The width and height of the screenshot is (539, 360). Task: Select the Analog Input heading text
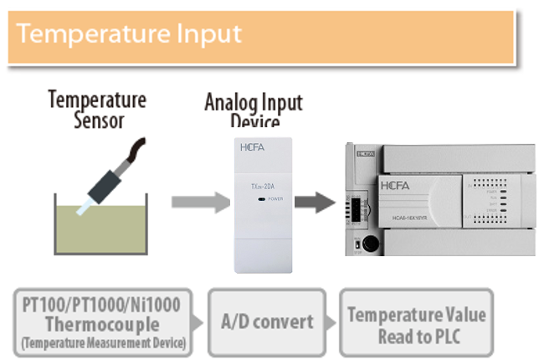(254, 104)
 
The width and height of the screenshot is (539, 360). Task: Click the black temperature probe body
(108, 184)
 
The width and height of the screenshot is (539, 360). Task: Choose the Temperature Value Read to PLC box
(416, 321)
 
